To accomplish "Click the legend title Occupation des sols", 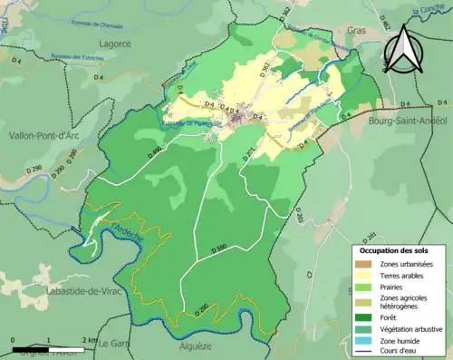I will pos(395,249).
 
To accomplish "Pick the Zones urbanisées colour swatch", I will pos(364,264).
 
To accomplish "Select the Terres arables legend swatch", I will pos(364,277).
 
